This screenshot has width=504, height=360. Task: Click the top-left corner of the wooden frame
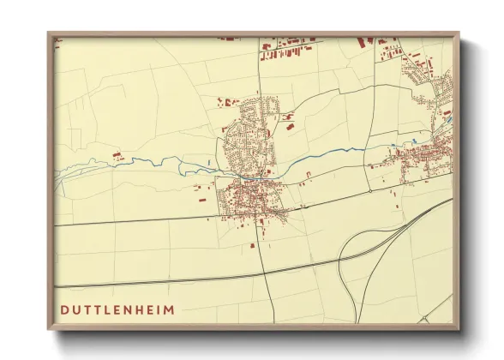point(49,33)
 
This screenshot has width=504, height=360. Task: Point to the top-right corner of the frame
point(459,33)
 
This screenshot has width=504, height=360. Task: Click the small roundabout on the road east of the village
point(303,206)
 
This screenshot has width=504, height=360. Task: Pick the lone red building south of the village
point(253,245)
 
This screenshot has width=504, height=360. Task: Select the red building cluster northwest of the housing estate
point(228,101)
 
